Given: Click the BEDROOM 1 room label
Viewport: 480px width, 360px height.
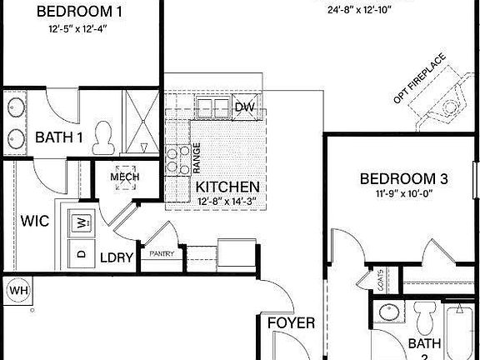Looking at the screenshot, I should tap(81, 12).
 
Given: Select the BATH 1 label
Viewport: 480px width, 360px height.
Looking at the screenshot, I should tap(58, 137).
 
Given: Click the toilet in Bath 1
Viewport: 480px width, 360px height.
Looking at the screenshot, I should tap(104, 138).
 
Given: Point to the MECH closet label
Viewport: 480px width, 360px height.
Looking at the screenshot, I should tap(124, 177).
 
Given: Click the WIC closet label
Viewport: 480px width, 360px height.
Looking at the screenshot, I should tap(35, 222).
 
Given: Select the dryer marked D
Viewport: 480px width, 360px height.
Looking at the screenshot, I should tap(82, 252).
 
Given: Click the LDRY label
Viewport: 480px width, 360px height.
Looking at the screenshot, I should tap(117, 257).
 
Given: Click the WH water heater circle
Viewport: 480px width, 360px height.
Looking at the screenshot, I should tap(17, 291).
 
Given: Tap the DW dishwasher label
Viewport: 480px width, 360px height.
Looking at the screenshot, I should tap(244, 107).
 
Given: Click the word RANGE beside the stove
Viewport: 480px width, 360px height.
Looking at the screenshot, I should tap(197, 157).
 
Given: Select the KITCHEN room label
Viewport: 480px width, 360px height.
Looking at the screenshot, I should tap(226, 187).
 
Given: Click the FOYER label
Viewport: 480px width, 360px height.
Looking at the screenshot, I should tap(291, 322).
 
